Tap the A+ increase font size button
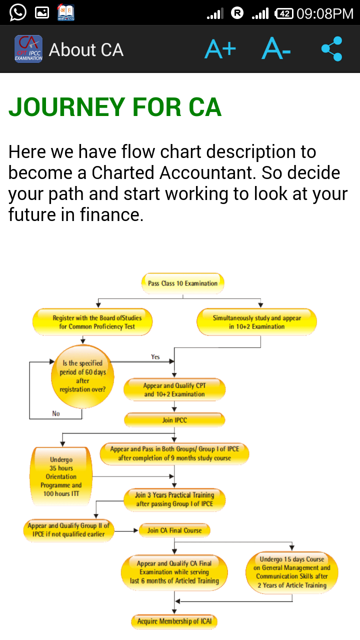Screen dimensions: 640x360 (x=220, y=49)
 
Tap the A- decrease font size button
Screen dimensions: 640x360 (x=276, y=49)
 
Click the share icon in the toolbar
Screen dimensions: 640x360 (x=331, y=49)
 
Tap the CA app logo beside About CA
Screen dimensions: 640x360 (x=28, y=49)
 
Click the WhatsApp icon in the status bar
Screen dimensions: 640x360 (x=17, y=12)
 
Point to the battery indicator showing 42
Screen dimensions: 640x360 (x=283, y=13)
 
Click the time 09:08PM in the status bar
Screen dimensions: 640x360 (x=325, y=13)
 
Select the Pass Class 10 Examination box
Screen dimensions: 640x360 (x=182, y=283)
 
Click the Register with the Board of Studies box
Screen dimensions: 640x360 (x=92, y=322)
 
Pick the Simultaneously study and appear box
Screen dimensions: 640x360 (x=257, y=322)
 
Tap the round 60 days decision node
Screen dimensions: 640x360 (x=82, y=376)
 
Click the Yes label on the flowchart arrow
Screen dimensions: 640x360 (x=155, y=356)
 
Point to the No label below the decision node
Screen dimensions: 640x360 (x=56, y=413)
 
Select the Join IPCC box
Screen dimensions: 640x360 (x=174, y=420)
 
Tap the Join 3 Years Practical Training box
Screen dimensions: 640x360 (x=174, y=499)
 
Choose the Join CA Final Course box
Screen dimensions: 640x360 (x=174, y=530)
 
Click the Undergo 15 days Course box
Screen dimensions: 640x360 (x=292, y=572)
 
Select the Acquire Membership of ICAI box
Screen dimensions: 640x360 (x=174, y=621)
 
